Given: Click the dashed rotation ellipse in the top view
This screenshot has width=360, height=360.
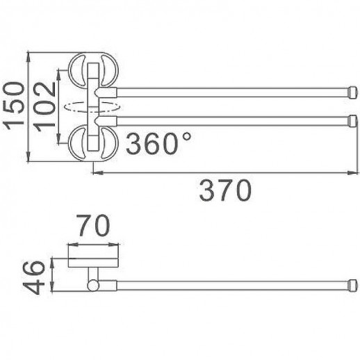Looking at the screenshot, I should pyautogui.click(x=92, y=107).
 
